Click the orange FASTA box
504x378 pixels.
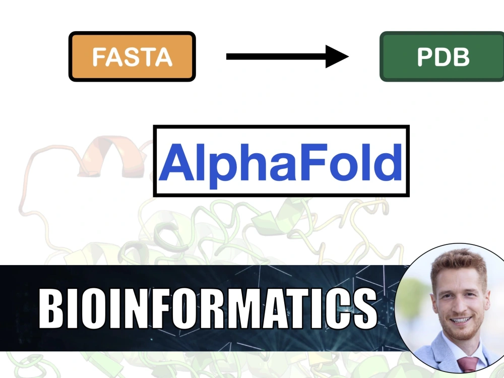[x=132, y=56]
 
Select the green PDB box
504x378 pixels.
[x=443, y=56]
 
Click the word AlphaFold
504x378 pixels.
[x=281, y=161]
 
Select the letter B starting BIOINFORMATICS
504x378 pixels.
[x=51, y=308]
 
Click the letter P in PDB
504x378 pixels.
[x=426, y=57]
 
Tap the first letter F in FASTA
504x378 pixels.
[x=99, y=57]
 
